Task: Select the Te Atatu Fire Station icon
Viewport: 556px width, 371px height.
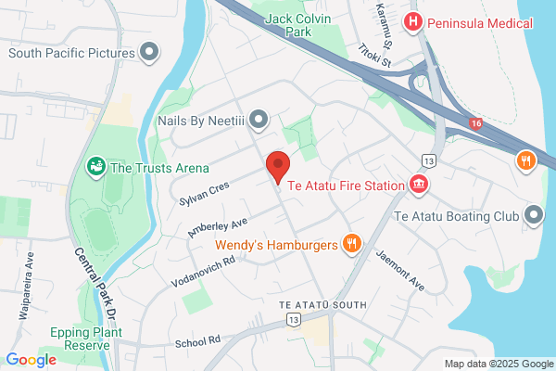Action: pos(420,185)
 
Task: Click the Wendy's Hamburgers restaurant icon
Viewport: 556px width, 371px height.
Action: pos(351,245)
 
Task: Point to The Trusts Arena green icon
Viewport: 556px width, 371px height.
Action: pos(95,168)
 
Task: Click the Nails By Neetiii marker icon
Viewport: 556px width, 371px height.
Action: pos(259,118)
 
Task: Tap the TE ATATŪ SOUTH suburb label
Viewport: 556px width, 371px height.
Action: pos(323,305)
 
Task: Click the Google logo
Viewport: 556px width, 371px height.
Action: pos(32,360)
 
